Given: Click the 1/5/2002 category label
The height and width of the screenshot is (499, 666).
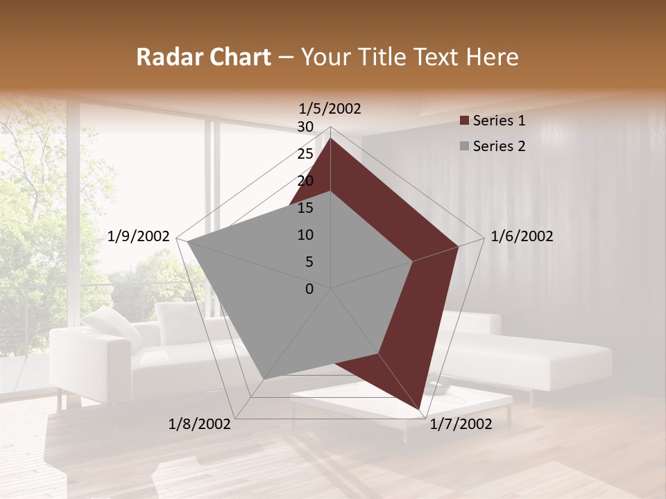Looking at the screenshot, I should point(330,109).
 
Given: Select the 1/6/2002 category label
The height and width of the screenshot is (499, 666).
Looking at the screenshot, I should point(522,236).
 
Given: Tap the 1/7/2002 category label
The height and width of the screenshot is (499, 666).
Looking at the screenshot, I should point(461,424).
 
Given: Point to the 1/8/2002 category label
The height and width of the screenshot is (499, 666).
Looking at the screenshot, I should point(200,424).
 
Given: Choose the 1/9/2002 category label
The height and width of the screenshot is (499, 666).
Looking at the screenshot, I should point(139,236).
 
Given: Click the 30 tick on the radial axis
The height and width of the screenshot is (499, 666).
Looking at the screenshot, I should point(305,127).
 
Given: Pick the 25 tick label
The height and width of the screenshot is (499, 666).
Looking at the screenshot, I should point(305,154).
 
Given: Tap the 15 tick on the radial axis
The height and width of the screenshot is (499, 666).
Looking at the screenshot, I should point(305,208).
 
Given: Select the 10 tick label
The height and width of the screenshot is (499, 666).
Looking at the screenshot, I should point(305,235).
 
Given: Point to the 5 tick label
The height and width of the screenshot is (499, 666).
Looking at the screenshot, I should point(309,262).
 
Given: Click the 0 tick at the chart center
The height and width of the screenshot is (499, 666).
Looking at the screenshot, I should point(309,289).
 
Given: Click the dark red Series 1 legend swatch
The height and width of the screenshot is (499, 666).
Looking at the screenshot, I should point(464,121).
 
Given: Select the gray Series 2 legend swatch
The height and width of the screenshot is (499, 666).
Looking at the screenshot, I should point(464,146).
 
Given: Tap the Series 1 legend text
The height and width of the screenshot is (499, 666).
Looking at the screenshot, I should point(499,121).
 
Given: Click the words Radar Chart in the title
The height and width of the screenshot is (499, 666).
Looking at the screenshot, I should point(203,58).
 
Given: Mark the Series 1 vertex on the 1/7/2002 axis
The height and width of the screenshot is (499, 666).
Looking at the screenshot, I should point(419,409).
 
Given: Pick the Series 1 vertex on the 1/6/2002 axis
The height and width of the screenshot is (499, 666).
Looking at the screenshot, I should point(458,246).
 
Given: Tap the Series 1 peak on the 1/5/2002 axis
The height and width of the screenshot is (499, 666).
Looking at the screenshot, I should point(331,138).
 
